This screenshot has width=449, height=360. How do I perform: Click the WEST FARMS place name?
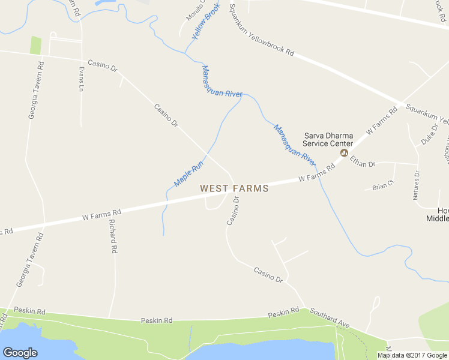tap(234, 188)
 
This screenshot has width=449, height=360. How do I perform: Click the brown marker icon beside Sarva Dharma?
tap(344, 153)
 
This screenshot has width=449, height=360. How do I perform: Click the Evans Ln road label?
tap(81, 79)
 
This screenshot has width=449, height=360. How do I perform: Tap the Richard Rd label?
tap(112, 235)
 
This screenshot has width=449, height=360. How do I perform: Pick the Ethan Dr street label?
tap(363, 161)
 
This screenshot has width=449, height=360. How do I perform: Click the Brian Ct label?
tap(382, 186)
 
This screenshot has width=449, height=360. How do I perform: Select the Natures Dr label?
tap(417, 185)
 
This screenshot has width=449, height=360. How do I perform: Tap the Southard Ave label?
tap(329, 318)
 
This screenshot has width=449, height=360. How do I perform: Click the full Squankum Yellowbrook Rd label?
tap(263, 35)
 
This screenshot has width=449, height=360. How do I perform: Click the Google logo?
tap(20, 353)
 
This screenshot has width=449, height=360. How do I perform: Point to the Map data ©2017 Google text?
tap(412, 355)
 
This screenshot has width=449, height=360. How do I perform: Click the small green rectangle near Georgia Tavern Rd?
tap(36, 46)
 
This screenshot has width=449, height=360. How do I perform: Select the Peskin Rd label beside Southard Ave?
tap(283, 313)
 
